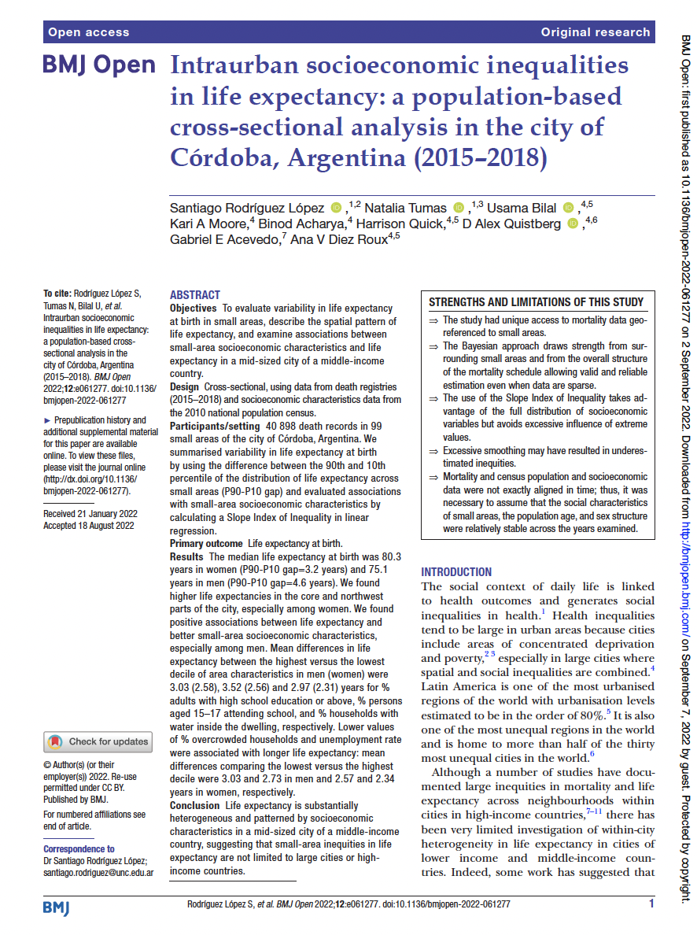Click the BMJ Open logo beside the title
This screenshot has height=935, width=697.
[99, 65]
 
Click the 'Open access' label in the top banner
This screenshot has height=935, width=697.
[88, 32]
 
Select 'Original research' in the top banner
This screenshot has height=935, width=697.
[596, 32]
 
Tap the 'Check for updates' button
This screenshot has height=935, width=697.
[98, 741]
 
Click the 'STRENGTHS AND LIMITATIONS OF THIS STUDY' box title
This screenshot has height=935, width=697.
[537, 302]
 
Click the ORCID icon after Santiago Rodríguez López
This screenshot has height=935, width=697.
[337, 209]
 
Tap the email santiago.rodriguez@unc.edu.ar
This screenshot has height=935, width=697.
[98, 873]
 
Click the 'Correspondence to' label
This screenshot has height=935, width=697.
[79, 849]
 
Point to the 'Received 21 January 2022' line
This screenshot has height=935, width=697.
[90, 514]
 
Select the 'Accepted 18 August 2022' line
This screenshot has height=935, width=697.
[90, 526]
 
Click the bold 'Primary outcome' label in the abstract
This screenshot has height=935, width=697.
[206, 544]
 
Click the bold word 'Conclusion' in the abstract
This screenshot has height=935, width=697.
[195, 805]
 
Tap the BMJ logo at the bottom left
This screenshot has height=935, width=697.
[56, 908]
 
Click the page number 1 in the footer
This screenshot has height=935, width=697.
[651, 904]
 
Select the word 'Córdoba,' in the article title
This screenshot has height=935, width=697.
[224, 157]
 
